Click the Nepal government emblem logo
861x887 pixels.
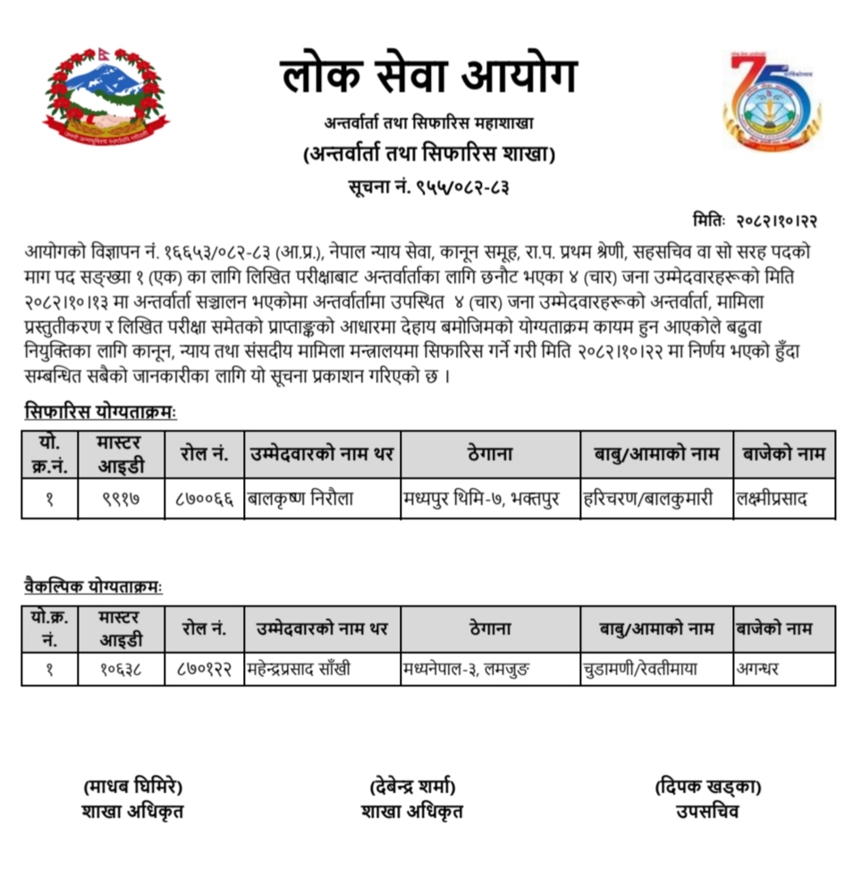106,97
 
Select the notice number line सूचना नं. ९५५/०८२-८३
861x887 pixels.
428,188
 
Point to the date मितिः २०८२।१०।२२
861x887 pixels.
755,220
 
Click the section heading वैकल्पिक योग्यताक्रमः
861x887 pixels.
94,587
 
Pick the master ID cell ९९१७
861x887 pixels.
121,499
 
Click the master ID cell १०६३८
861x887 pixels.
121,668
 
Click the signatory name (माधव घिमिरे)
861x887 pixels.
132,787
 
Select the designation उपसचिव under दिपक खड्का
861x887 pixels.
707,812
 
